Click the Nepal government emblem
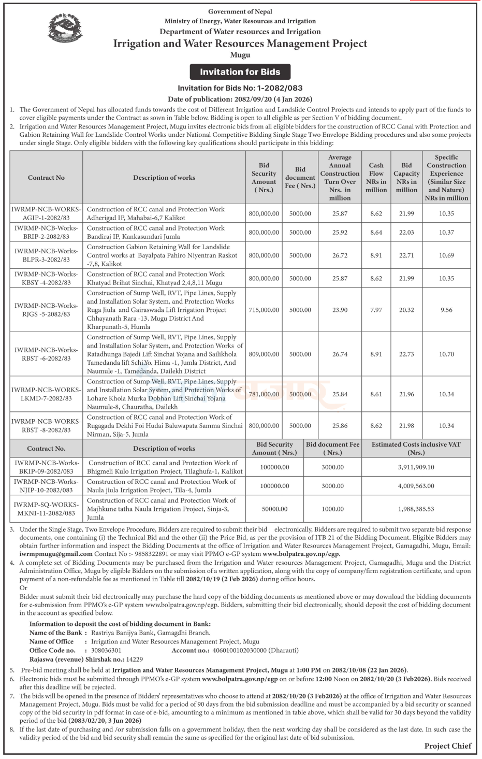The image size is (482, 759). [x=65, y=28]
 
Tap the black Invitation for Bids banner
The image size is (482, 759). [x=240, y=72]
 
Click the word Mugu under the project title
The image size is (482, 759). [x=240, y=55]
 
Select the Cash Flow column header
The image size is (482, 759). [x=376, y=178]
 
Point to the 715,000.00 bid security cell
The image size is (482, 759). [x=264, y=310]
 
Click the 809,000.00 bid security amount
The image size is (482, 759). [x=264, y=354]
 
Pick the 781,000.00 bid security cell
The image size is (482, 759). [x=264, y=394]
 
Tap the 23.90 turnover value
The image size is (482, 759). [x=340, y=310]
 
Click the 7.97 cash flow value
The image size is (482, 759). [x=376, y=310]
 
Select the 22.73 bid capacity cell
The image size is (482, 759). [x=406, y=354]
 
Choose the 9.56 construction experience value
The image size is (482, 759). [x=446, y=310]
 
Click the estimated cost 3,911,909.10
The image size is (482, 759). [x=416, y=467]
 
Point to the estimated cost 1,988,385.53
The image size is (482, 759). [x=416, y=509]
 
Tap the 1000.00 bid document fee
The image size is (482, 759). [x=332, y=509]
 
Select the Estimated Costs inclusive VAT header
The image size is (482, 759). [x=416, y=449]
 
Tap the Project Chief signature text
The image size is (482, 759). [x=448, y=746]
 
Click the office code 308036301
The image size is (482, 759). [x=106, y=650]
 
